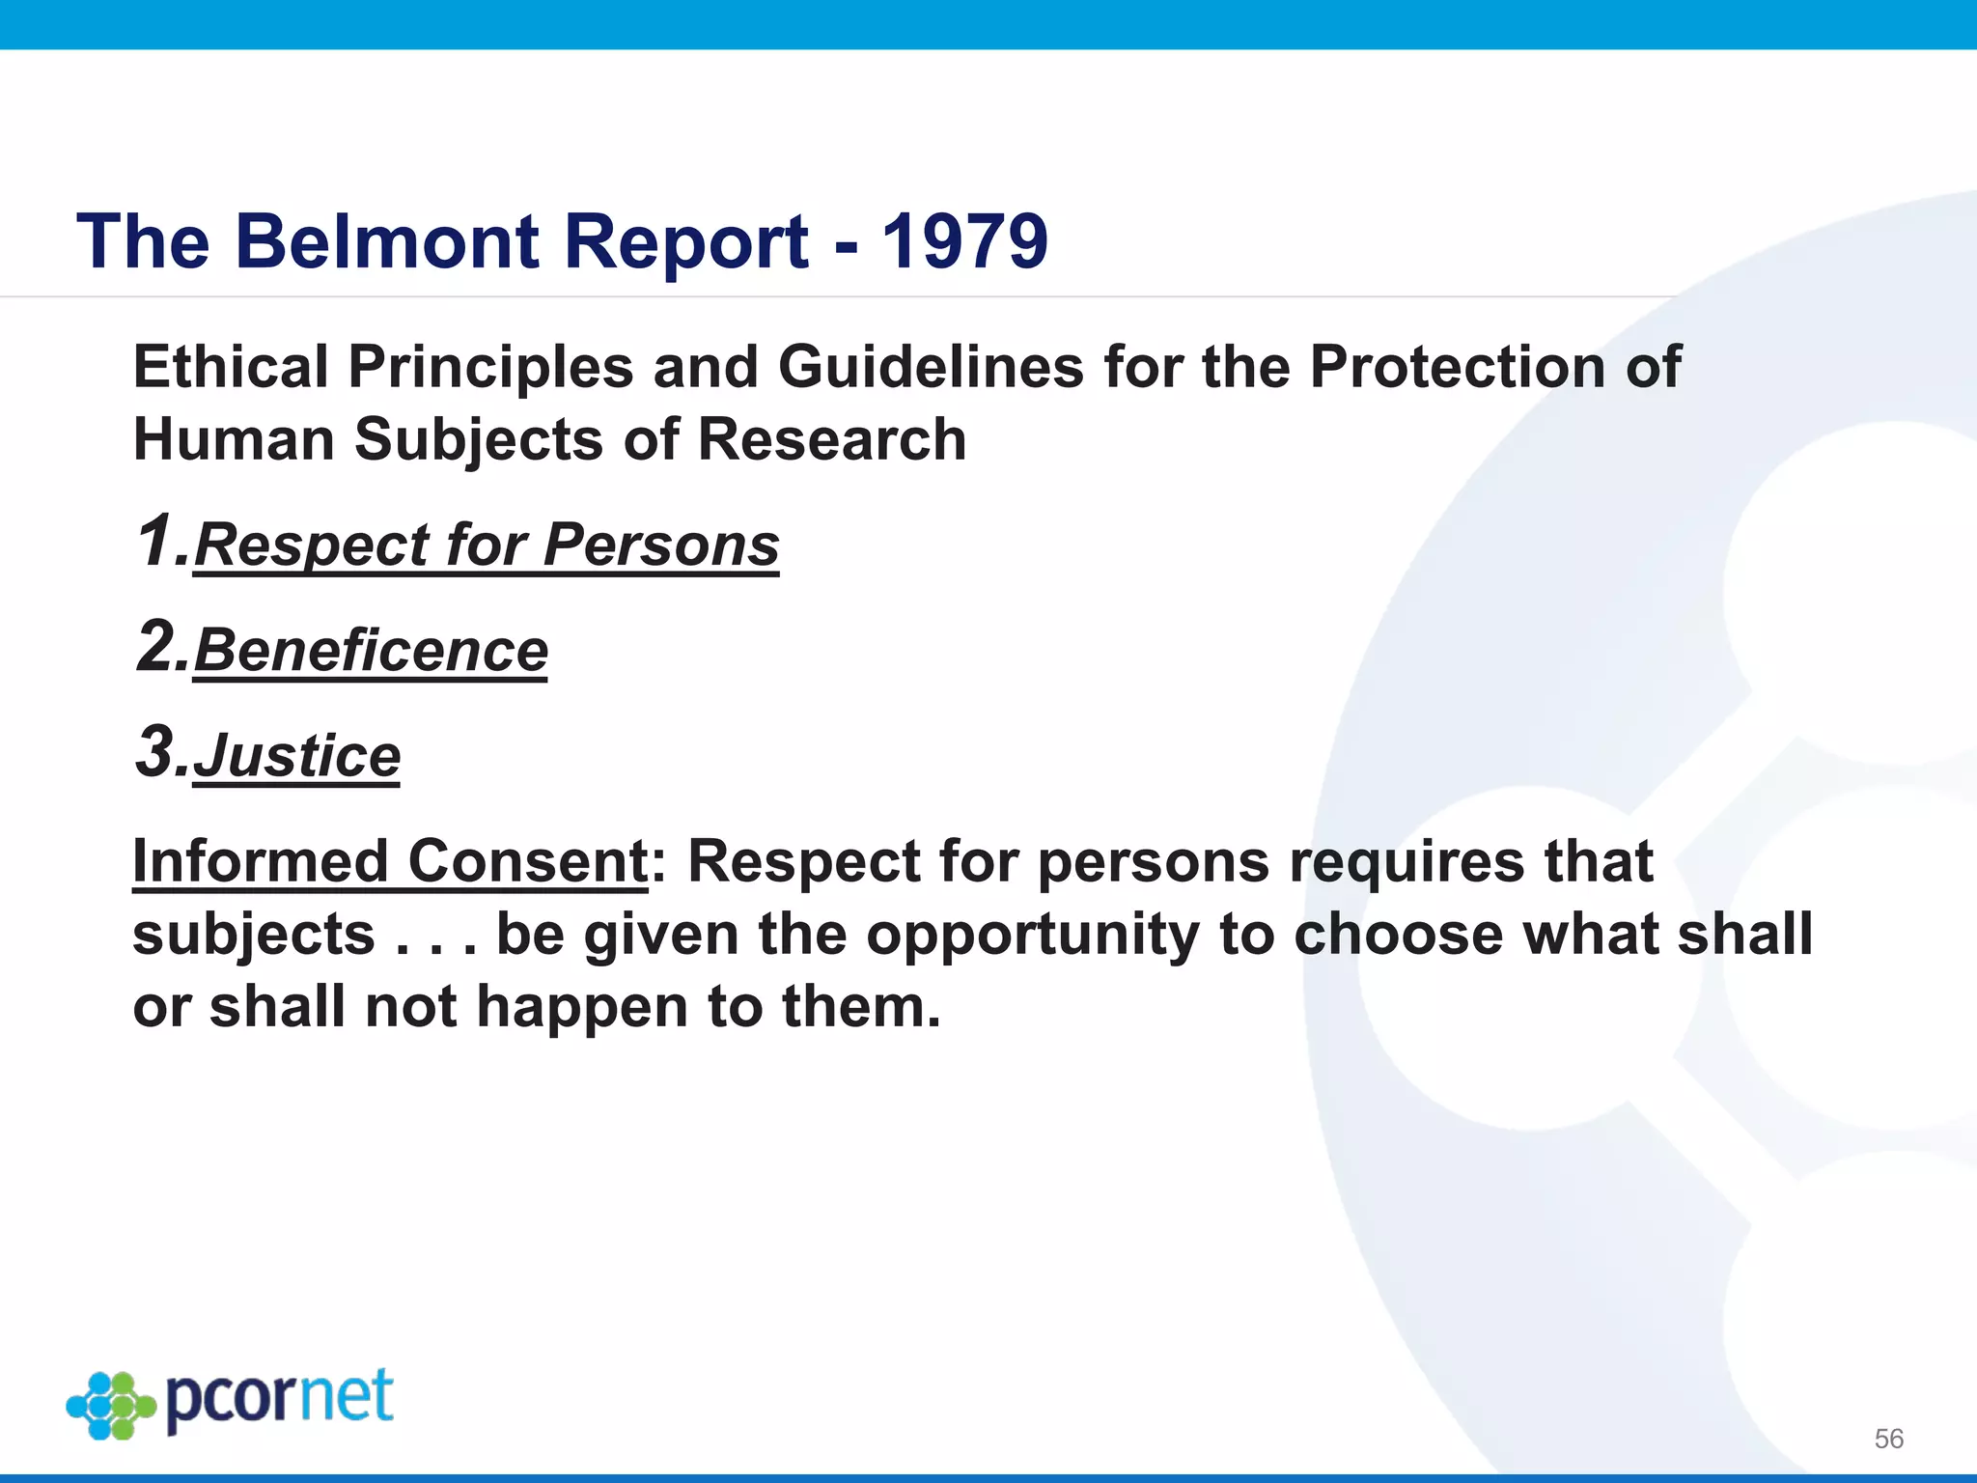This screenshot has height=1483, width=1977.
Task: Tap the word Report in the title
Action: coord(685,241)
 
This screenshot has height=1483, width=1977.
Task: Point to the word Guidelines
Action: coord(931,368)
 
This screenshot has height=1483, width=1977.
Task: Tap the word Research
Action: coord(831,440)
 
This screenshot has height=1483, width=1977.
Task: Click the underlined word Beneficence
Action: coord(371,651)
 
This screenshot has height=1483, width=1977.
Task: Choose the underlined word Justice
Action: coord(296,756)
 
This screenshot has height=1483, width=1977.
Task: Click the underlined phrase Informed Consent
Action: coord(390,861)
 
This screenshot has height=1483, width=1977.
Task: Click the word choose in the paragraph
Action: coord(1398,935)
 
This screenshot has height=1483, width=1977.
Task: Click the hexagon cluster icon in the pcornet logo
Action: coord(111,1405)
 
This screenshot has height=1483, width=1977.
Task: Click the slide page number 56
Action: coord(1888,1439)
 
